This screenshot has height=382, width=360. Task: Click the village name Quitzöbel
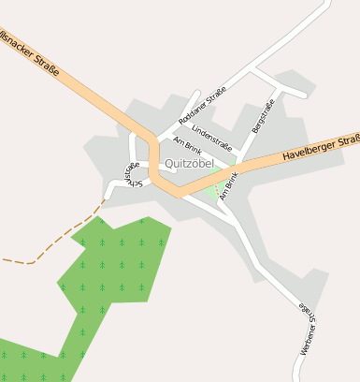click(189, 164)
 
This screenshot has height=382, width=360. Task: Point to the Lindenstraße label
click(211, 140)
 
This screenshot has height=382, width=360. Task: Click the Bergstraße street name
click(263, 116)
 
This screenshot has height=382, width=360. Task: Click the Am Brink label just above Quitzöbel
click(187, 145)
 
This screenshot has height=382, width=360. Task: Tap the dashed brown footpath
click(56, 245)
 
